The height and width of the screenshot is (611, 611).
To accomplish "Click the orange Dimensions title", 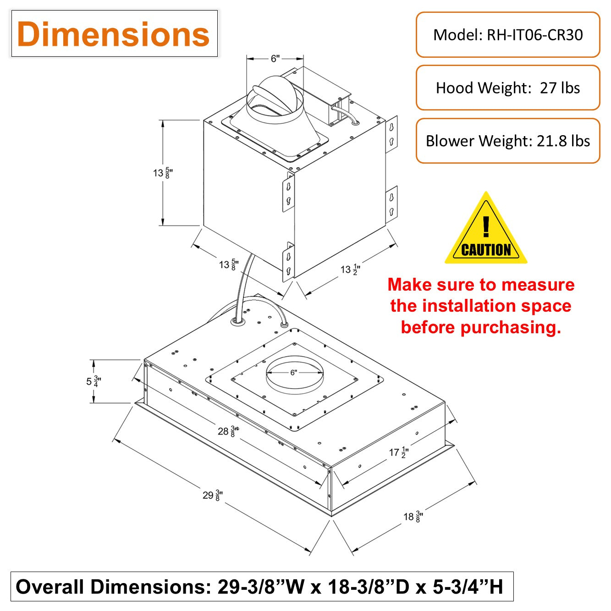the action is [x=113, y=34].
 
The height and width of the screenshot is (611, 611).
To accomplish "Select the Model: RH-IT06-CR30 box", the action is [x=507, y=35].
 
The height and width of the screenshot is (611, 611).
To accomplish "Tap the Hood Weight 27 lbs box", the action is [x=507, y=88].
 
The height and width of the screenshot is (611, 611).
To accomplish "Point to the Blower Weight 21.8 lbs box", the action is [x=507, y=141].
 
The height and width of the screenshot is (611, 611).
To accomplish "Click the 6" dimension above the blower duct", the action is [x=275, y=59].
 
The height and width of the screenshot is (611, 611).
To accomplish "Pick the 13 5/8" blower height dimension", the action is [x=163, y=173].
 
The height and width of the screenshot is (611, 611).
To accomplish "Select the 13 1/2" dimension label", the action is [x=350, y=270].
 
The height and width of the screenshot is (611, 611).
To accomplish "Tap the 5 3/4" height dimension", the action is [x=94, y=381].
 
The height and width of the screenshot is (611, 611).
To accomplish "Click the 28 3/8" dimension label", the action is [x=228, y=431].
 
